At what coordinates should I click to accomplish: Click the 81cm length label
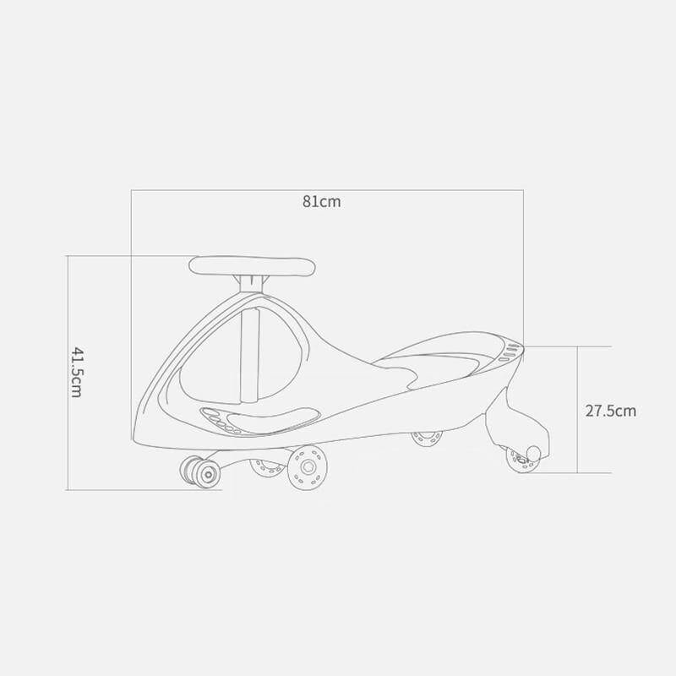322,202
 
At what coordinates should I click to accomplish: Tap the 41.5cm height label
76,372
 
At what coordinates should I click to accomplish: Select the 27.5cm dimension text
610,411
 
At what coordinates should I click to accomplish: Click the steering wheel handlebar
252,266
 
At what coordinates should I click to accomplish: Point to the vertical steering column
250,355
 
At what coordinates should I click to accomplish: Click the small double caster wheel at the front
200,473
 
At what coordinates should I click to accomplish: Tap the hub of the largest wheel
308,466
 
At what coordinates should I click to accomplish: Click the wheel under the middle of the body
427,438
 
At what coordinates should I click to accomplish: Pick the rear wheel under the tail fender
521,460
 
